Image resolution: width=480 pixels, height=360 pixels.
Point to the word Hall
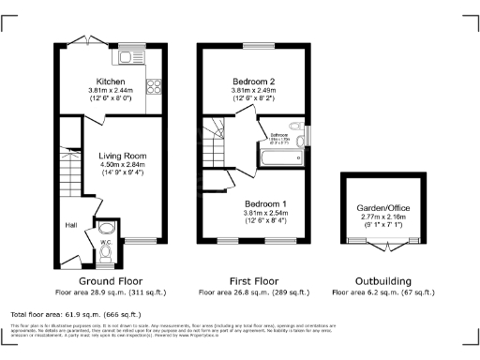[x=70, y=225]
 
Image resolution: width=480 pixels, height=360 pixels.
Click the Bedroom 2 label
[x=254, y=82]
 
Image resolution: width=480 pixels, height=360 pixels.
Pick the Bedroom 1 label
[x=266, y=203]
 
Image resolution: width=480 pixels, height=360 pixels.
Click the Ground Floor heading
[x=110, y=281]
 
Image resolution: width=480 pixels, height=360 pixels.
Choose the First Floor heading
[x=254, y=281]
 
